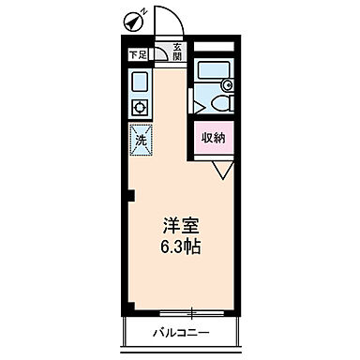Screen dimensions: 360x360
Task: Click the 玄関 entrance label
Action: [175, 52]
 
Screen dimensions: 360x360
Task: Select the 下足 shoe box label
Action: [137, 55]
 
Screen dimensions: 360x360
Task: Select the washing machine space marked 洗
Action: [141, 139]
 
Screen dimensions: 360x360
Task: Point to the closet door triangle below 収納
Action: [221, 169]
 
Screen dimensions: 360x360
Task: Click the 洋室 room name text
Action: [181, 227]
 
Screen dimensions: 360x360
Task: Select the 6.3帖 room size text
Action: [181, 247]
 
